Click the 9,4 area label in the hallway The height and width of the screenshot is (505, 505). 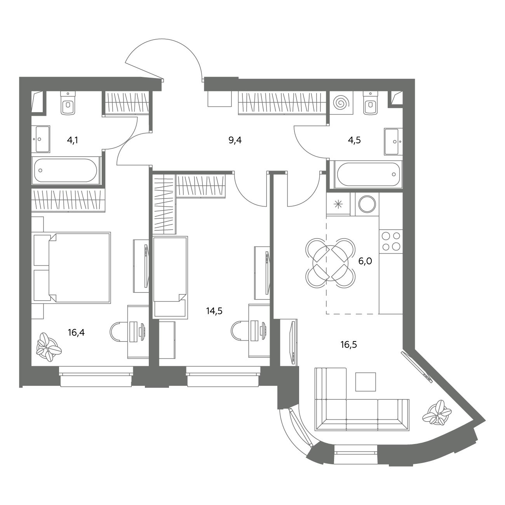(235, 141)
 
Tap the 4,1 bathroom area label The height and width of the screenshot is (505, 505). (73, 141)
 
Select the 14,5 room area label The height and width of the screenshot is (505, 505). (214, 311)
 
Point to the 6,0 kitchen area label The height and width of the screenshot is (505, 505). (365, 261)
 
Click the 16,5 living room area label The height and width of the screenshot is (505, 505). (349, 345)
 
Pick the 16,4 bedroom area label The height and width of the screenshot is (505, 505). (76, 333)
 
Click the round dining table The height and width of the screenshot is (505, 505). (331, 263)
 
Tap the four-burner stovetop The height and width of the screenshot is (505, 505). (391, 241)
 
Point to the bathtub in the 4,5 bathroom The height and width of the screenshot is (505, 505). (368, 174)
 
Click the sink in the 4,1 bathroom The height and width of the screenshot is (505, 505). (41, 139)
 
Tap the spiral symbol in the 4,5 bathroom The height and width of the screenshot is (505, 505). (341, 103)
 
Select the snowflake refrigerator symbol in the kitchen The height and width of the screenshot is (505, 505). (338, 204)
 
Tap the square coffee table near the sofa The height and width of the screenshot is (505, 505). (366, 382)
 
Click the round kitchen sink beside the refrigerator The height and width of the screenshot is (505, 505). (367, 204)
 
